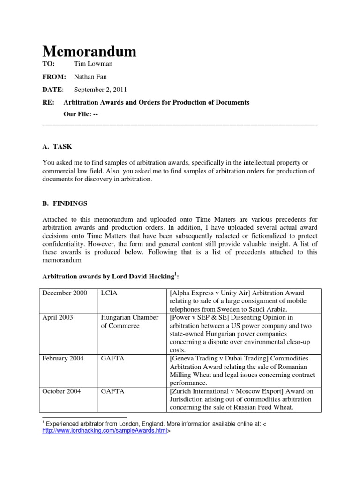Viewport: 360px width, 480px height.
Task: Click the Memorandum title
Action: pyautogui.click(x=89, y=51)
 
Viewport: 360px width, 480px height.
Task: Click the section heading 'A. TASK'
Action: pyautogui.click(x=57, y=147)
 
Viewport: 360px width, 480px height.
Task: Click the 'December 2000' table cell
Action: pyautogui.click(x=65, y=293)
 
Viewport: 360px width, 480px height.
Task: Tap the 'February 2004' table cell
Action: pyautogui.click(x=63, y=359)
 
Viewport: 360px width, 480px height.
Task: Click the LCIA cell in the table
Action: pyautogui.click(x=109, y=293)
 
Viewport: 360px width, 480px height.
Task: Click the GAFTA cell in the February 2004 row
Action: pyautogui.click(x=113, y=359)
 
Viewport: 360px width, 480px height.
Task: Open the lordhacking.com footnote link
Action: pyautogui.click(x=105, y=431)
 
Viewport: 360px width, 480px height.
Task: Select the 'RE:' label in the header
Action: pyautogui.click(x=48, y=102)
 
